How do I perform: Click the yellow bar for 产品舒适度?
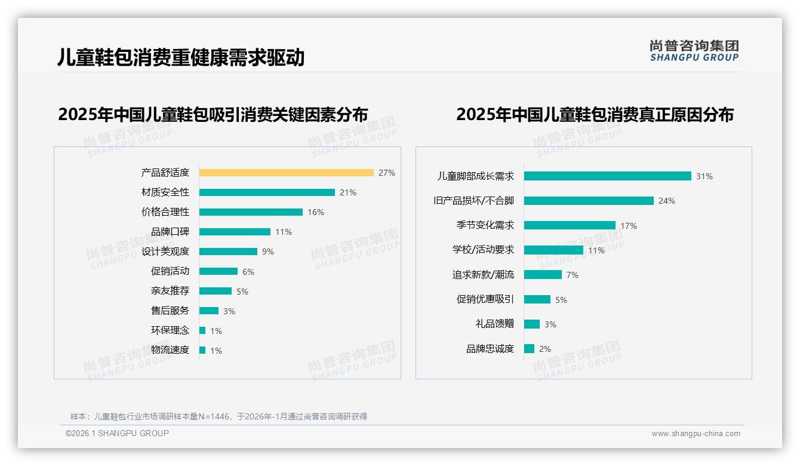(x=286, y=173)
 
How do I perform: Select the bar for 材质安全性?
(x=267, y=192)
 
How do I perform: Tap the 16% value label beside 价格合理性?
(x=316, y=212)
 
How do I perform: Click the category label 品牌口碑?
(x=170, y=232)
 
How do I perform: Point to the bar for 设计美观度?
(x=228, y=252)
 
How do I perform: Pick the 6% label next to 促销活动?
(x=248, y=272)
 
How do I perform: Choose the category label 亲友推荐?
(x=170, y=291)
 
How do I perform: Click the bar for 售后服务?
(x=209, y=311)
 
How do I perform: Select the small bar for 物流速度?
(x=202, y=350)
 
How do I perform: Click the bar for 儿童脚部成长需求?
(x=607, y=176)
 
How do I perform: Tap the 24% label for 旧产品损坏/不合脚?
(x=667, y=201)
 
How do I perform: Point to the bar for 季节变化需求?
(x=570, y=225)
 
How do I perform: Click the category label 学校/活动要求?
(x=483, y=250)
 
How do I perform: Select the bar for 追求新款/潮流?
(x=543, y=275)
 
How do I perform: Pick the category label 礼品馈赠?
(x=495, y=324)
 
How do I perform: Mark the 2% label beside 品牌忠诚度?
(x=545, y=349)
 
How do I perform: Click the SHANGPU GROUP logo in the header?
(x=694, y=51)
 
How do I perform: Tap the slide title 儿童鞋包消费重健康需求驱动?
(x=181, y=57)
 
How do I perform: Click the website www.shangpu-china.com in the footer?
(x=696, y=434)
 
